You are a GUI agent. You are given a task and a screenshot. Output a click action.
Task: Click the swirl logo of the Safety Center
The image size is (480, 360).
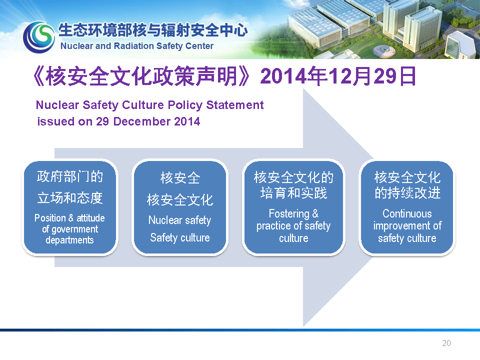[x=39, y=36]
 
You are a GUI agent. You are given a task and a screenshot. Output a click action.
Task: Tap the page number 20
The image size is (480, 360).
[x=446, y=343]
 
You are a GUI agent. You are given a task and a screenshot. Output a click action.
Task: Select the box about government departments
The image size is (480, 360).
[x=70, y=207]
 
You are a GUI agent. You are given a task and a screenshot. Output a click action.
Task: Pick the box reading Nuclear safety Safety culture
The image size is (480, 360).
[x=180, y=207]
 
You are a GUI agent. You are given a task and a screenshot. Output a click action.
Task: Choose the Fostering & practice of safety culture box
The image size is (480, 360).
[x=293, y=207]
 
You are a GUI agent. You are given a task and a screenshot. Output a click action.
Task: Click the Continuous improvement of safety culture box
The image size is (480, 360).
[x=407, y=207]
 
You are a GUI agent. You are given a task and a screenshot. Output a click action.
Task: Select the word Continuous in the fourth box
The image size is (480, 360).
[x=407, y=213]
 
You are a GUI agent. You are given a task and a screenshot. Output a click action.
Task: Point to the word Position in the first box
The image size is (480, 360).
[x=50, y=218]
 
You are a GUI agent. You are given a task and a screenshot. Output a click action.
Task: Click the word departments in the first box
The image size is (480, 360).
[x=70, y=240]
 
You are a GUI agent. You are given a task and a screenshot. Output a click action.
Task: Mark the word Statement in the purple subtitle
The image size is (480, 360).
[x=235, y=105]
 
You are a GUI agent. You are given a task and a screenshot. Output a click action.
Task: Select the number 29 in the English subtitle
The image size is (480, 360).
[x=102, y=121]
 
